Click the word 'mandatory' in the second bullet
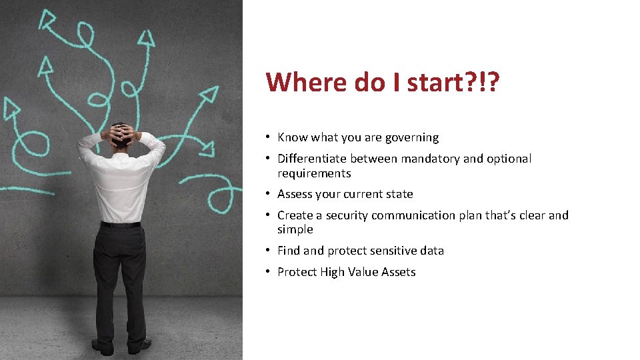tap(428, 159)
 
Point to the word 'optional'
tap(509, 159)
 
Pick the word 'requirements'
tap(314, 173)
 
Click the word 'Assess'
tap(295, 194)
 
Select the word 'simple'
tap(295, 229)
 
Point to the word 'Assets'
tap(398, 272)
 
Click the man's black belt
tap(121, 225)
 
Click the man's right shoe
tap(139, 346)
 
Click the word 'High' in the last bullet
tap(332, 272)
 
